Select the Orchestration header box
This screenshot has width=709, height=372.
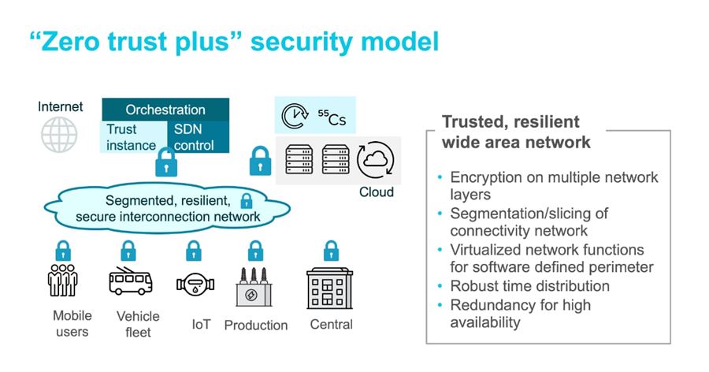tap(165, 110)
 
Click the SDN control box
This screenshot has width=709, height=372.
tap(198, 137)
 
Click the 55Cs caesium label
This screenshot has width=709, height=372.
tap(331, 120)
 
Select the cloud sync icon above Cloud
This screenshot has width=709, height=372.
tap(375, 160)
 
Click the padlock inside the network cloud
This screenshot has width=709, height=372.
tap(246, 200)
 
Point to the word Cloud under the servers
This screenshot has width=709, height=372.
tap(376, 192)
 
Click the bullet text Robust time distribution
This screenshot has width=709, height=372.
tap(529, 286)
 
